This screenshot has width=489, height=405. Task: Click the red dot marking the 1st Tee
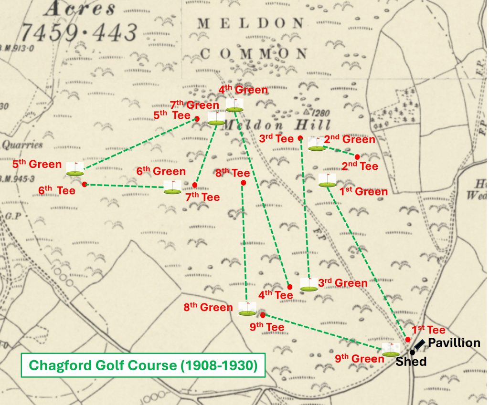pos(408,339)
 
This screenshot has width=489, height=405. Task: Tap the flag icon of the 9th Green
pos(391,350)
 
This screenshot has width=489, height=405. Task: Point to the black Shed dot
pos(412,352)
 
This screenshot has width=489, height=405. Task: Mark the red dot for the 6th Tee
pos(84,184)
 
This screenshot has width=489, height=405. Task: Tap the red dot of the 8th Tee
pos(244,183)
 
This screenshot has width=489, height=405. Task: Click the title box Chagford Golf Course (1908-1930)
pos(143,365)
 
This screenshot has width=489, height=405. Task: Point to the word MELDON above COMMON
pos(251,23)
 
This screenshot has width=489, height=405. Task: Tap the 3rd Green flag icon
pos(308,284)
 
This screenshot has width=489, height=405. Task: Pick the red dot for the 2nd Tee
pos(357,156)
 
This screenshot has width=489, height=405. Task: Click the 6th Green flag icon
pos(172,187)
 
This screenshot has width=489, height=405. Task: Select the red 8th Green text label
pos(208,307)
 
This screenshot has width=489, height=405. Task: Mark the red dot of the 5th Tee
pos(197,118)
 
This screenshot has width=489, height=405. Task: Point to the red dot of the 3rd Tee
pos(300,138)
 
